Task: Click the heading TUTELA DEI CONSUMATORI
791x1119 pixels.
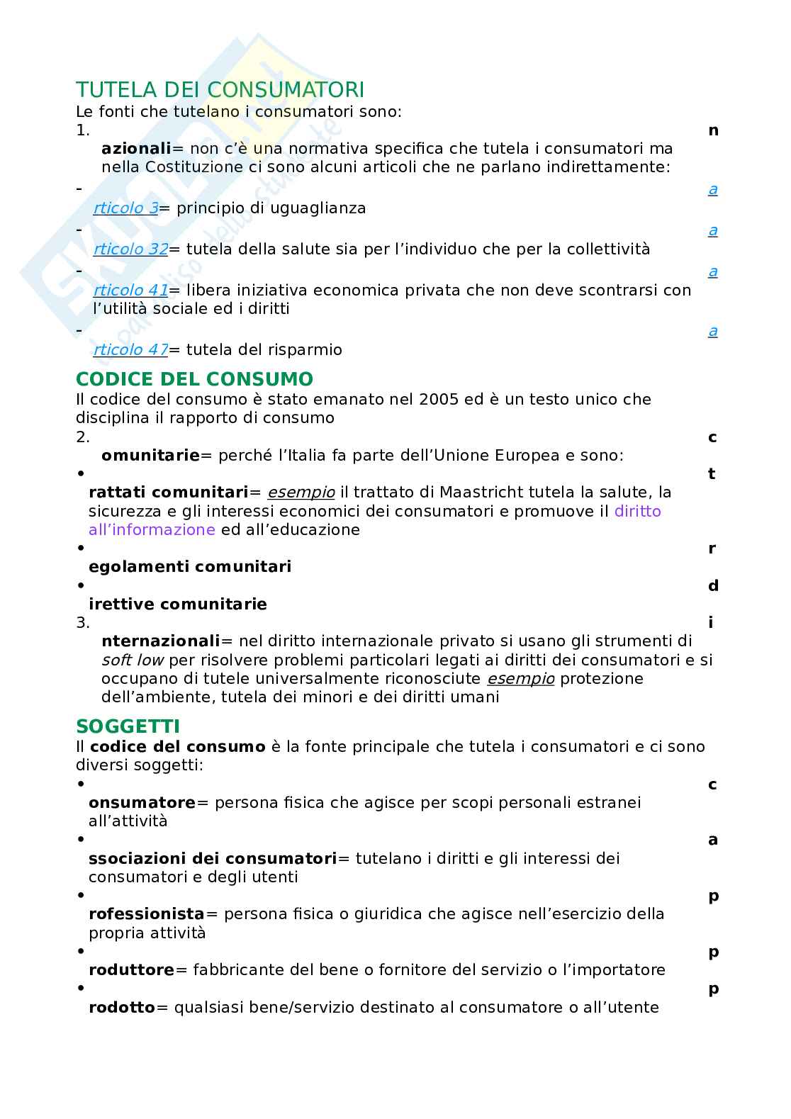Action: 220,90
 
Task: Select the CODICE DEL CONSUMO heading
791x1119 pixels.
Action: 194,378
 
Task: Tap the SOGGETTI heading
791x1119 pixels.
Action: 128,726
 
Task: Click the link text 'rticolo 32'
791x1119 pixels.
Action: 130,249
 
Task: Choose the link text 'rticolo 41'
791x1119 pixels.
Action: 130,290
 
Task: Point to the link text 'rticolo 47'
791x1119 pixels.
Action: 130,349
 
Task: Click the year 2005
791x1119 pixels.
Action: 438,399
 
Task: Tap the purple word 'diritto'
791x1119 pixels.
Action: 637,511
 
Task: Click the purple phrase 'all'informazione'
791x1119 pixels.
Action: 152,529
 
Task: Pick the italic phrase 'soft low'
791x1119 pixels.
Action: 133,660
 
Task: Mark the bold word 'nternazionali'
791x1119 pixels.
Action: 161,641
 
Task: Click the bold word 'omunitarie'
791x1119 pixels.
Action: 150,455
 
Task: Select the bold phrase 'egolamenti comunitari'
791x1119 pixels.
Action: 190,566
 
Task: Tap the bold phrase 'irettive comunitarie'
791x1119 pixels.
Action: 178,605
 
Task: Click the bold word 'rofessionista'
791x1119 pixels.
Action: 146,913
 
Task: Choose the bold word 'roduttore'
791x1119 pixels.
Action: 131,969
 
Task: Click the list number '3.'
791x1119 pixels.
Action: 83,622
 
